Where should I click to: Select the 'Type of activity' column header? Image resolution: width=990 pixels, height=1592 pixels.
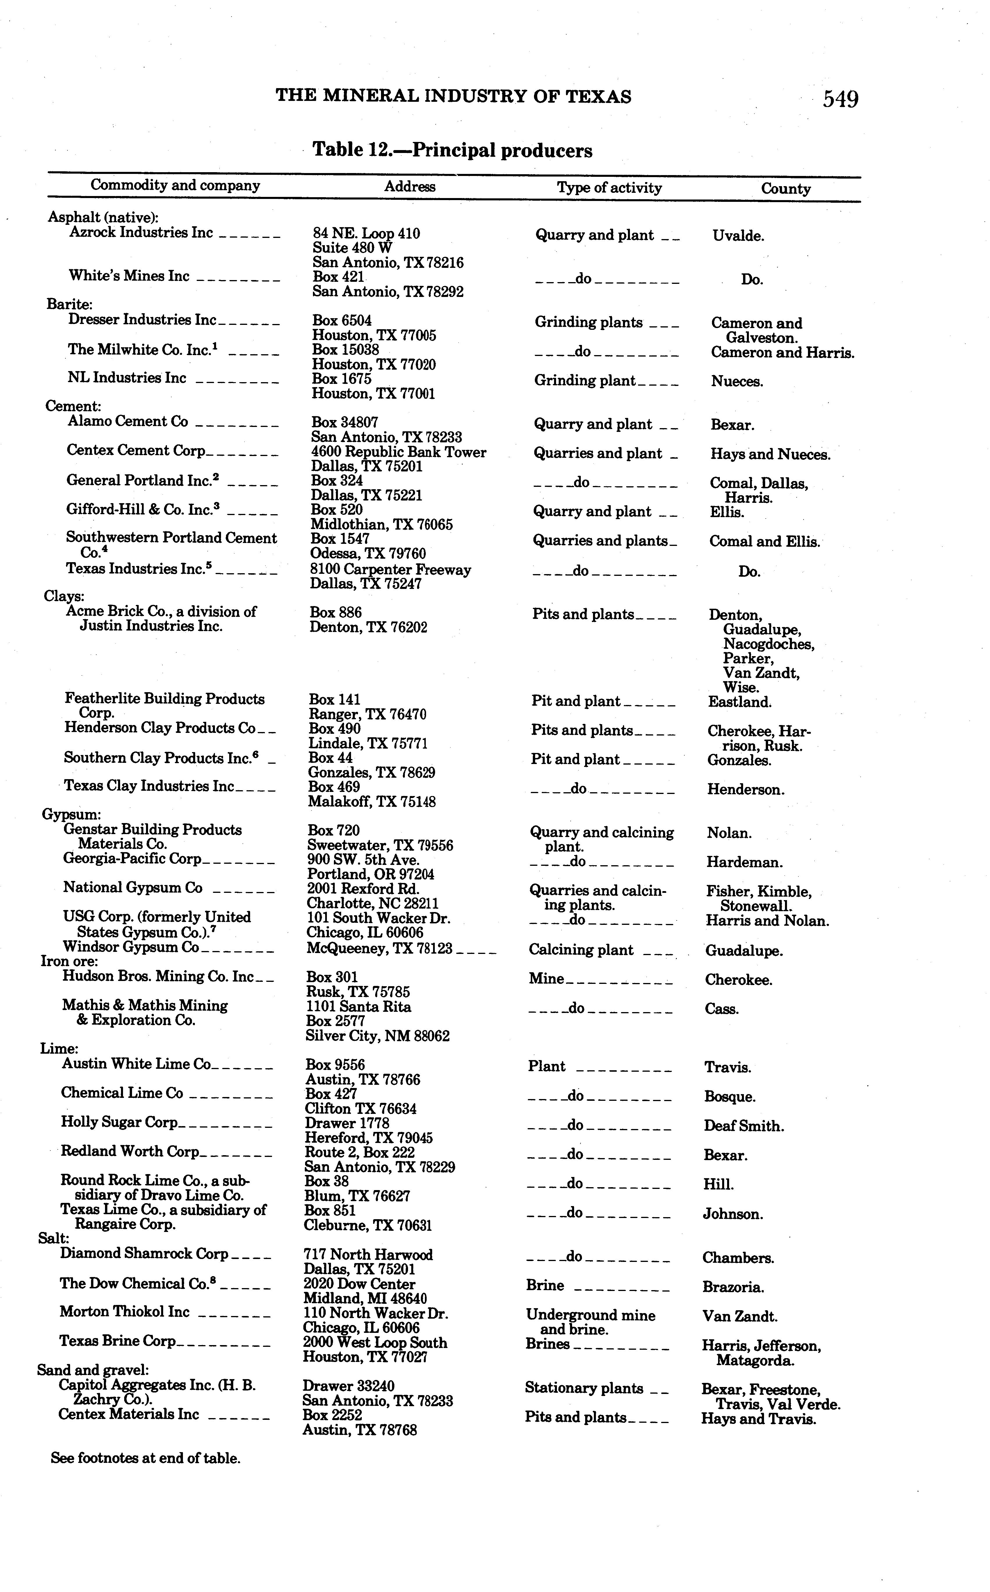[x=609, y=188]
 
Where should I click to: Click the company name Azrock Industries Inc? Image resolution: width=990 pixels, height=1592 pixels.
[x=141, y=232]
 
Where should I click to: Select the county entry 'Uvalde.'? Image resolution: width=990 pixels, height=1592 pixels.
[x=738, y=236]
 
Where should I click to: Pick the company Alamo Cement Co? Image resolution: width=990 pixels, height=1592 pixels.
[x=128, y=422]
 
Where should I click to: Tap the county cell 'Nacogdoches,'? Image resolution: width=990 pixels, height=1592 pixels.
[x=769, y=644]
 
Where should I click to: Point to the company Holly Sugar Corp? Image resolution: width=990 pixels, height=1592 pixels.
[x=119, y=1122]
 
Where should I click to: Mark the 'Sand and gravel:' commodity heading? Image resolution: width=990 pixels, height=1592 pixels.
[x=93, y=1370]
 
